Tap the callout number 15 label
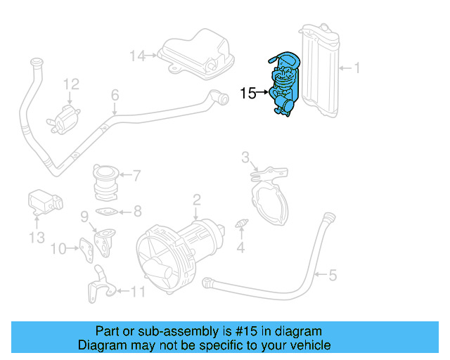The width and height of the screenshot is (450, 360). (248, 92)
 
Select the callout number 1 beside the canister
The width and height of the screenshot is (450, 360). (356, 68)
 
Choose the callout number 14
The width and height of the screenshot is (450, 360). (137, 55)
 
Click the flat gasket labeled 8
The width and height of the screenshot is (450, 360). (107, 211)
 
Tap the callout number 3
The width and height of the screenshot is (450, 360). (245, 156)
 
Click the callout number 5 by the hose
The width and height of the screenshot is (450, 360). (333, 276)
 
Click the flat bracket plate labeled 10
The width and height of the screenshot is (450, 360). (88, 247)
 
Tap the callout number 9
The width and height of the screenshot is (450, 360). (83, 215)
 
